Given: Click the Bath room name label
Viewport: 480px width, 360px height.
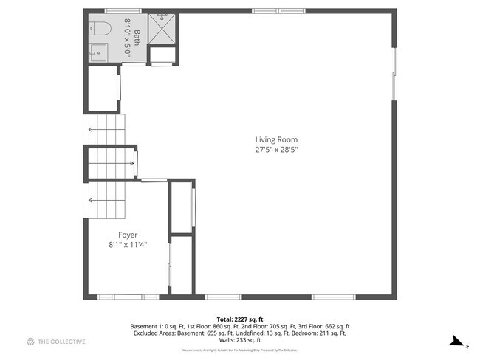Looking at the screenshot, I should click(137, 35).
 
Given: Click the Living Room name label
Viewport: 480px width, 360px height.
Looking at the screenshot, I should click(276, 139).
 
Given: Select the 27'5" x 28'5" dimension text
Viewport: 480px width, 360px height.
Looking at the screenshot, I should click(276, 150).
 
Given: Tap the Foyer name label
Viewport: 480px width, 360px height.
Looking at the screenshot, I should click(128, 235).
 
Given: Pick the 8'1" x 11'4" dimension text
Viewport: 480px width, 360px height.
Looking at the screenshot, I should click(128, 244).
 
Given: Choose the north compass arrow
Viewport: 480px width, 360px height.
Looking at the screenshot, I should click(459, 342).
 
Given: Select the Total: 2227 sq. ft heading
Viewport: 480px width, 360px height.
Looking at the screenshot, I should click(239, 318).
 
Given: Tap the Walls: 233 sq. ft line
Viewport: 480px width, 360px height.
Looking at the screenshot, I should click(239, 340).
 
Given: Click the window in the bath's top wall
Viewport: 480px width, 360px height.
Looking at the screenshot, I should click(123, 11).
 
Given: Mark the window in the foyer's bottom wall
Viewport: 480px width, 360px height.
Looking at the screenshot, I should click(120, 297).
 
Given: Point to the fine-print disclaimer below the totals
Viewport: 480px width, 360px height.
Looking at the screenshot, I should click(239, 350).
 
